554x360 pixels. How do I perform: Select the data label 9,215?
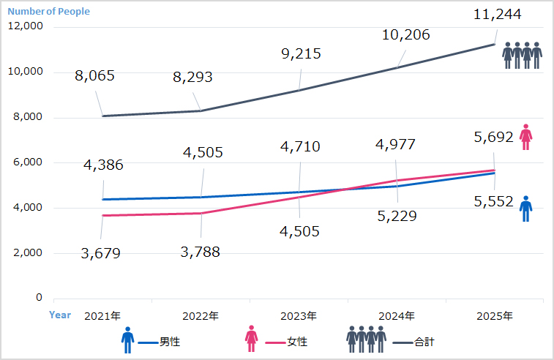(x=301, y=53)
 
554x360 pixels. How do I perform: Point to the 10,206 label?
(x=405, y=34)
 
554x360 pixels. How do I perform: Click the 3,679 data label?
(x=100, y=254)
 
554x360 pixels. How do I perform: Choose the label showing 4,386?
(x=103, y=165)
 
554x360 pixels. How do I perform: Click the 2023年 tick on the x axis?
(x=299, y=316)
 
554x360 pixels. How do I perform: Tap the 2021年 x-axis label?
(x=102, y=316)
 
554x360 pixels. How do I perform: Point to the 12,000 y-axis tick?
(x=26, y=26)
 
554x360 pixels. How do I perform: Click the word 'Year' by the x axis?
(x=60, y=315)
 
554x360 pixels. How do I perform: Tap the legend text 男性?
(x=170, y=342)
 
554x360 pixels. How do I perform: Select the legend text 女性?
(x=297, y=342)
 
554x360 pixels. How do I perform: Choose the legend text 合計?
(x=424, y=342)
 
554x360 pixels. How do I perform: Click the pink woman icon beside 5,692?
(x=525, y=137)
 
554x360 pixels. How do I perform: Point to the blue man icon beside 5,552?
(x=525, y=209)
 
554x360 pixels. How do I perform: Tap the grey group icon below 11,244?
(x=522, y=55)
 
